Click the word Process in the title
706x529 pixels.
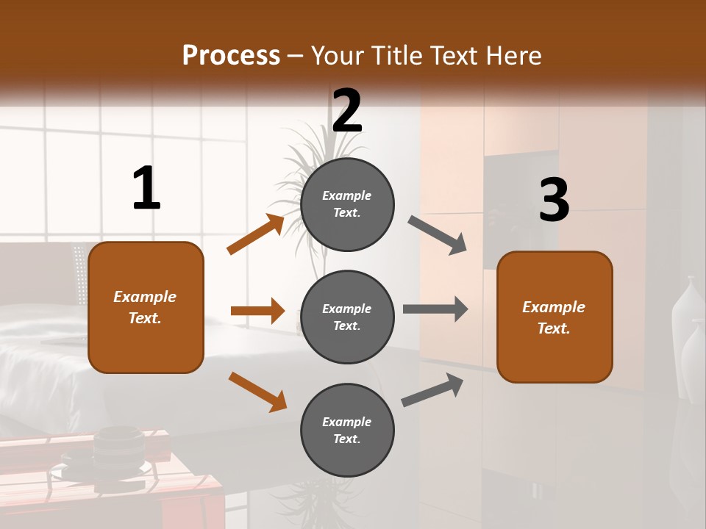[231, 55]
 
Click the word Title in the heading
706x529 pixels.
[395, 55]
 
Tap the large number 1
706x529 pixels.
[146, 188]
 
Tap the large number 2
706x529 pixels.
[347, 111]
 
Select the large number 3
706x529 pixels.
[554, 200]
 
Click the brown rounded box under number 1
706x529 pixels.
[146, 307]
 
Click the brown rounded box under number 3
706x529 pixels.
[555, 317]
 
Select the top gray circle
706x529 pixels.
[347, 204]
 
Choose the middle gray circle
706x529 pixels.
[347, 317]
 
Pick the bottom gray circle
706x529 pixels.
[347, 430]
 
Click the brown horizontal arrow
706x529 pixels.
[257, 311]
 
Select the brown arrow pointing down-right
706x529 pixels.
[257, 392]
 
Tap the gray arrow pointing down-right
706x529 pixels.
[438, 235]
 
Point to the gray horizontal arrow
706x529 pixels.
[435, 309]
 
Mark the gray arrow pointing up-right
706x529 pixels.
[432, 389]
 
